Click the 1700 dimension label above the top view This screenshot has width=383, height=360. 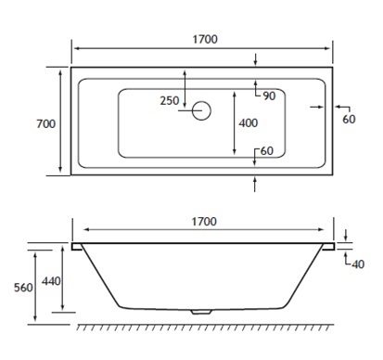[x=205, y=39]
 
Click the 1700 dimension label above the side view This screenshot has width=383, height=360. [x=204, y=222]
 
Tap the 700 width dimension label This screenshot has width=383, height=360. [x=46, y=123]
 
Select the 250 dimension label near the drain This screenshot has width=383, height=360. [x=170, y=100]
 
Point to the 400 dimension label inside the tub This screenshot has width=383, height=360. [x=249, y=123]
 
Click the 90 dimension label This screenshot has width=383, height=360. [x=269, y=96]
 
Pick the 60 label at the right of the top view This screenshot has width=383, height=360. [x=349, y=119]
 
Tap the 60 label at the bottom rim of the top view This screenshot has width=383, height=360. [x=267, y=151]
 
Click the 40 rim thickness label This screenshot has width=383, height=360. [x=358, y=264]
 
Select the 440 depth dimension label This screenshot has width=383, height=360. [x=51, y=281]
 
